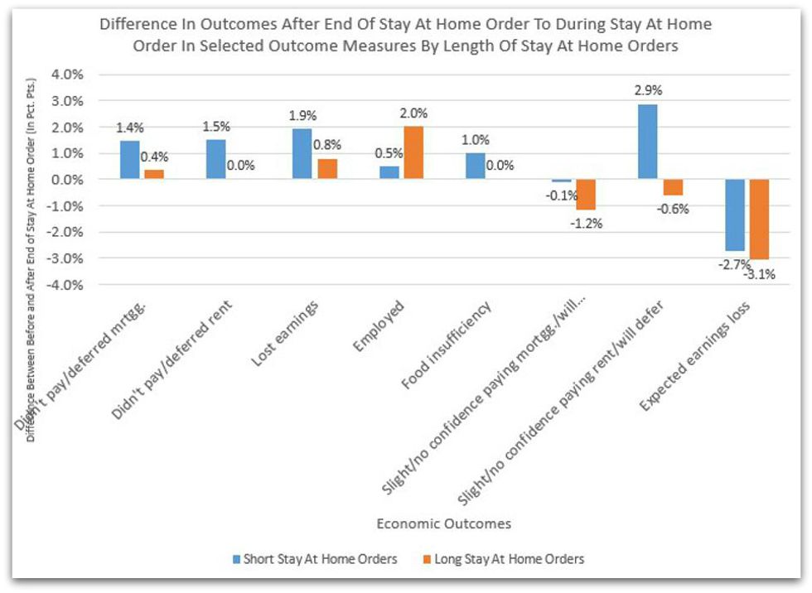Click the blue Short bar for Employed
pos(389,172)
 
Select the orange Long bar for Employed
pos(413,153)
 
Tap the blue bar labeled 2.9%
pos(648,142)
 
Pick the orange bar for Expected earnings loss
pos(759,219)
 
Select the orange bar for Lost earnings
pos(326,169)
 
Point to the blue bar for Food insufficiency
pos(476,166)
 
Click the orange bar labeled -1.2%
pos(585,195)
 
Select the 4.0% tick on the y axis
pos(68,75)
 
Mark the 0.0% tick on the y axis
pos(68,180)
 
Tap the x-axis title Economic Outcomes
pos(443,523)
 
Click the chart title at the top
pos(405,35)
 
